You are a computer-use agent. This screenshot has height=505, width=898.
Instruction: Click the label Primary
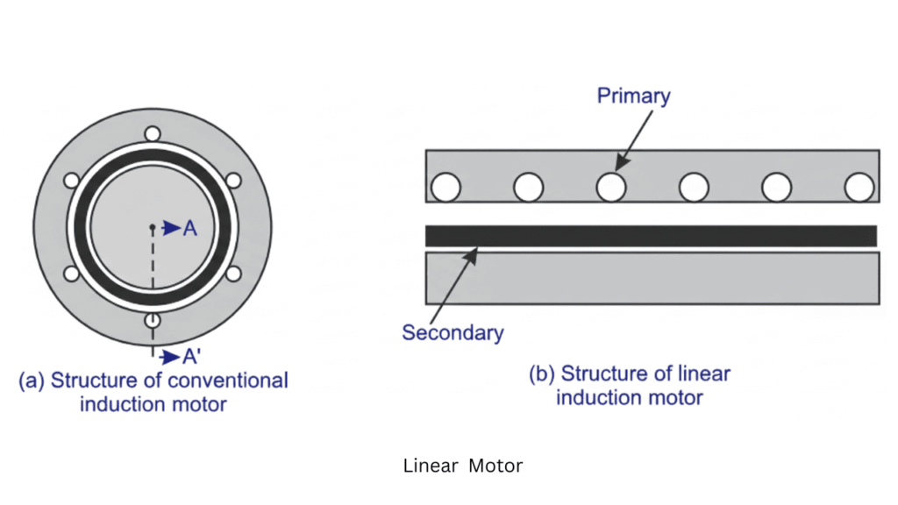(633, 96)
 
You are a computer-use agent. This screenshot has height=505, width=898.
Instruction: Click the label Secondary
(453, 332)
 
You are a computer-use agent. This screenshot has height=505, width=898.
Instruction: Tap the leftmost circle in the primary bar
(445, 187)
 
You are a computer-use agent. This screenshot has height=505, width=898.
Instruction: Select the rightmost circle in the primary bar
(859, 187)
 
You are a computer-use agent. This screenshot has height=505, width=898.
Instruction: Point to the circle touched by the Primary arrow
(610, 187)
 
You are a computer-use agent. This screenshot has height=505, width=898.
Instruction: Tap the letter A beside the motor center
(189, 228)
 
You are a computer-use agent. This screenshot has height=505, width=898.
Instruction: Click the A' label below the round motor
(192, 357)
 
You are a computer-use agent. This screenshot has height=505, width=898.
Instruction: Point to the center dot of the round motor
(153, 228)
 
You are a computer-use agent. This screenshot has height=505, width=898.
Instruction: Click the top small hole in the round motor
(153, 134)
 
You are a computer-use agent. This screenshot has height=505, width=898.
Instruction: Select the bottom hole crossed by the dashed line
(153, 320)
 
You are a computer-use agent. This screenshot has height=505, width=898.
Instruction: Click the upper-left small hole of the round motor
(72, 181)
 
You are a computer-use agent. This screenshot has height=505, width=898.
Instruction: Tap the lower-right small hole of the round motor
(233, 274)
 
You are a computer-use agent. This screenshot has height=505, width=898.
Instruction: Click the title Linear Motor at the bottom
(462, 466)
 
